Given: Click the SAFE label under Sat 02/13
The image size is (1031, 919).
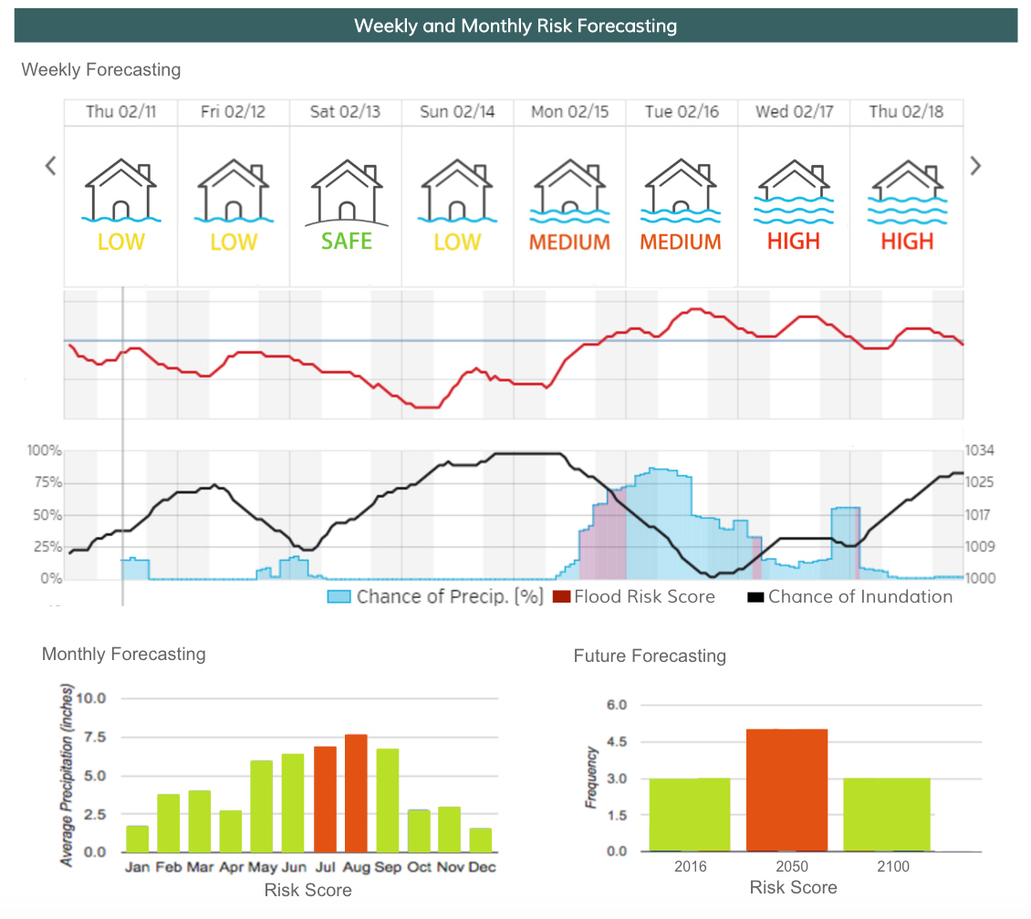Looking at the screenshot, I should pyautogui.click(x=347, y=242).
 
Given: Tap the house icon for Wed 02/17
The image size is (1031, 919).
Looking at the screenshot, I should pyautogui.click(x=794, y=191).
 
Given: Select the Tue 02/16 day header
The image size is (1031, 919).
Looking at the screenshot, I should pyautogui.click(x=682, y=112).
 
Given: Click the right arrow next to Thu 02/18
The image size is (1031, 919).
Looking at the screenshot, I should pyautogui.click(x=975, y=166).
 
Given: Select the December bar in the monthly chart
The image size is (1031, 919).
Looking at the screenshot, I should pyautogui.click(x=480, y=840).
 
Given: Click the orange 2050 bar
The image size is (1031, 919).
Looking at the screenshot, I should pyautogui.click(x=787, y=790).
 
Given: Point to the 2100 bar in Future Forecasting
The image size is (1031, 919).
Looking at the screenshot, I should pyautogui.click(x=886, y=814).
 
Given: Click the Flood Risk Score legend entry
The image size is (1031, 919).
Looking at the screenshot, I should pyautogui.click(x=634, y=597).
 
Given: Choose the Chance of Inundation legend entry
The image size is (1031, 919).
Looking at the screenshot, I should pyautogui.click(x=850, y=597).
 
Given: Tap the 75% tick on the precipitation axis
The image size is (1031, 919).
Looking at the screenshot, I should pyautogui.click(x=46, y=482).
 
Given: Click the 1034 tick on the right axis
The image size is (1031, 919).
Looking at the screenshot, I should pyautogui.click(x=981, y=450).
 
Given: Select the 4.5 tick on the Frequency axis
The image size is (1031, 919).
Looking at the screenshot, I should pyautogui.click(x=618, y=742).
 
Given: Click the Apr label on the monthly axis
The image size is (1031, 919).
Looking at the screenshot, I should pyautogui.click(x=232, y=867).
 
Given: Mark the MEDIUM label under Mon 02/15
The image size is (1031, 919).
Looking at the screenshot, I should pyautogui.click(x=569, y=243).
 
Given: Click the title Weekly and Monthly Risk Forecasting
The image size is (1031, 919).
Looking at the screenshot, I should pyautogui.click(x=515, y=26).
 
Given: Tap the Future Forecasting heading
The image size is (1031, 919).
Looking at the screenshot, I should pyautogui.click(x=650, y=656).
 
